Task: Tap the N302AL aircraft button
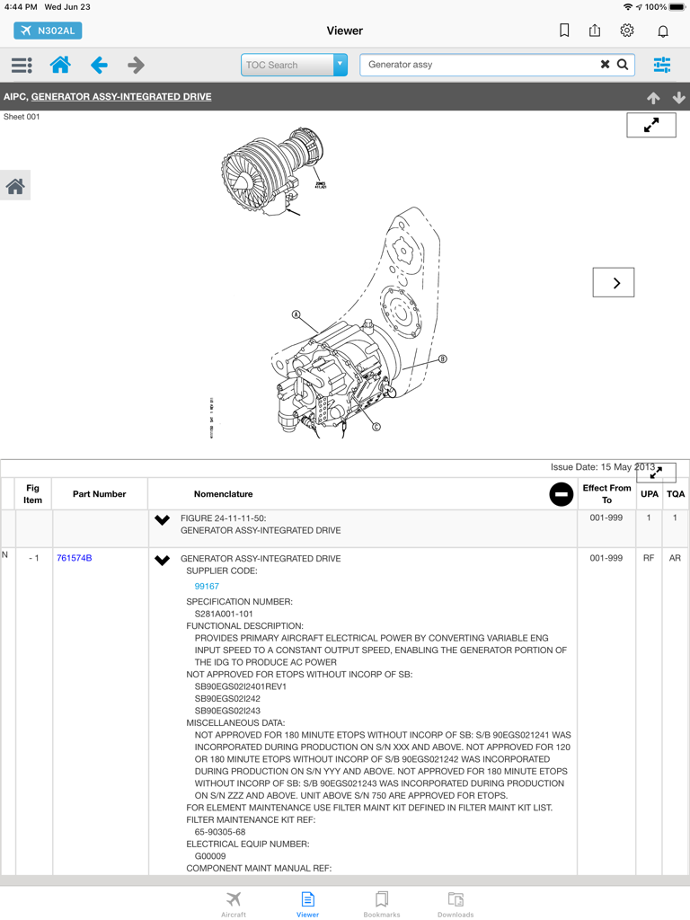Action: pyautogui.click(x=48, y=31)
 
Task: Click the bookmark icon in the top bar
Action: pyautogui.click(x=564, y=31)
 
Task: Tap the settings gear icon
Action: pyautogui.click(x=627, y=31)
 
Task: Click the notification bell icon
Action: pyautogui.click(x=663, y=31)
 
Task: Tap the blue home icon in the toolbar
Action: pyautogui.click(x=60, y=65)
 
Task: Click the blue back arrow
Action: pyautogui.click(x=99, y=65)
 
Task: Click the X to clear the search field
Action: pyautogui.click(x=605, y=65)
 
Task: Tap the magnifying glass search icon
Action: pyautogui.click(x=623, y=65)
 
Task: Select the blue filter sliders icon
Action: pyautogui.click(x=662, y=65)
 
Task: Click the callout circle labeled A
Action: pyautogui.click(x=296, y=315)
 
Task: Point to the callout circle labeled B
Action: pyautogui.click(x=442, y=359)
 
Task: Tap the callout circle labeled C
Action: pyautogui.click(x=376, y=427)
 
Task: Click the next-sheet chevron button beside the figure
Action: pyautogui.click(x=614, y=283)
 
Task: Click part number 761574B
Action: pyautogui.click(x=74, y=558)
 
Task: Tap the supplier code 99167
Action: pyautogui.click(x=207, y=586)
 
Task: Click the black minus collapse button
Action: pyautogui.click(x=561, y=494)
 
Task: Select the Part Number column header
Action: pyautogui.click(x=99, y=494)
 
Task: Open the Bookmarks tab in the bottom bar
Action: pyautogui.click(x=382, y=903)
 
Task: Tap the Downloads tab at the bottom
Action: pyautogui.click(x=456, y=903)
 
